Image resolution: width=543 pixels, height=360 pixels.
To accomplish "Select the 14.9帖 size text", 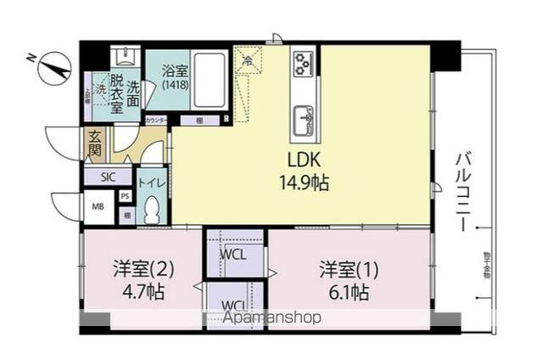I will pyautogui.click(x=303, y=182).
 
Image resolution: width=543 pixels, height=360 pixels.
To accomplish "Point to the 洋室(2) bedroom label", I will pyautogui.click(x=144, y=271).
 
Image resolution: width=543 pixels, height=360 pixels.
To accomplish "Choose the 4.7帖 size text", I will pyautogui.click(x=144, y=292).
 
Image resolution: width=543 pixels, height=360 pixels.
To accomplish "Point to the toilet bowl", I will pyautogui.click(x=152, y=208).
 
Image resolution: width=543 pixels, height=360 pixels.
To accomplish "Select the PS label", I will pyautogui.click(x=126, y=197).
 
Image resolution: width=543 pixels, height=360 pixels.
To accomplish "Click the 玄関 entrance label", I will pyautogui.click(x=93, y=145).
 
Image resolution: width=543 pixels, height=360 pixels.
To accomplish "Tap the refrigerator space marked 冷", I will pyautogui.click(x=248, y=61).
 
